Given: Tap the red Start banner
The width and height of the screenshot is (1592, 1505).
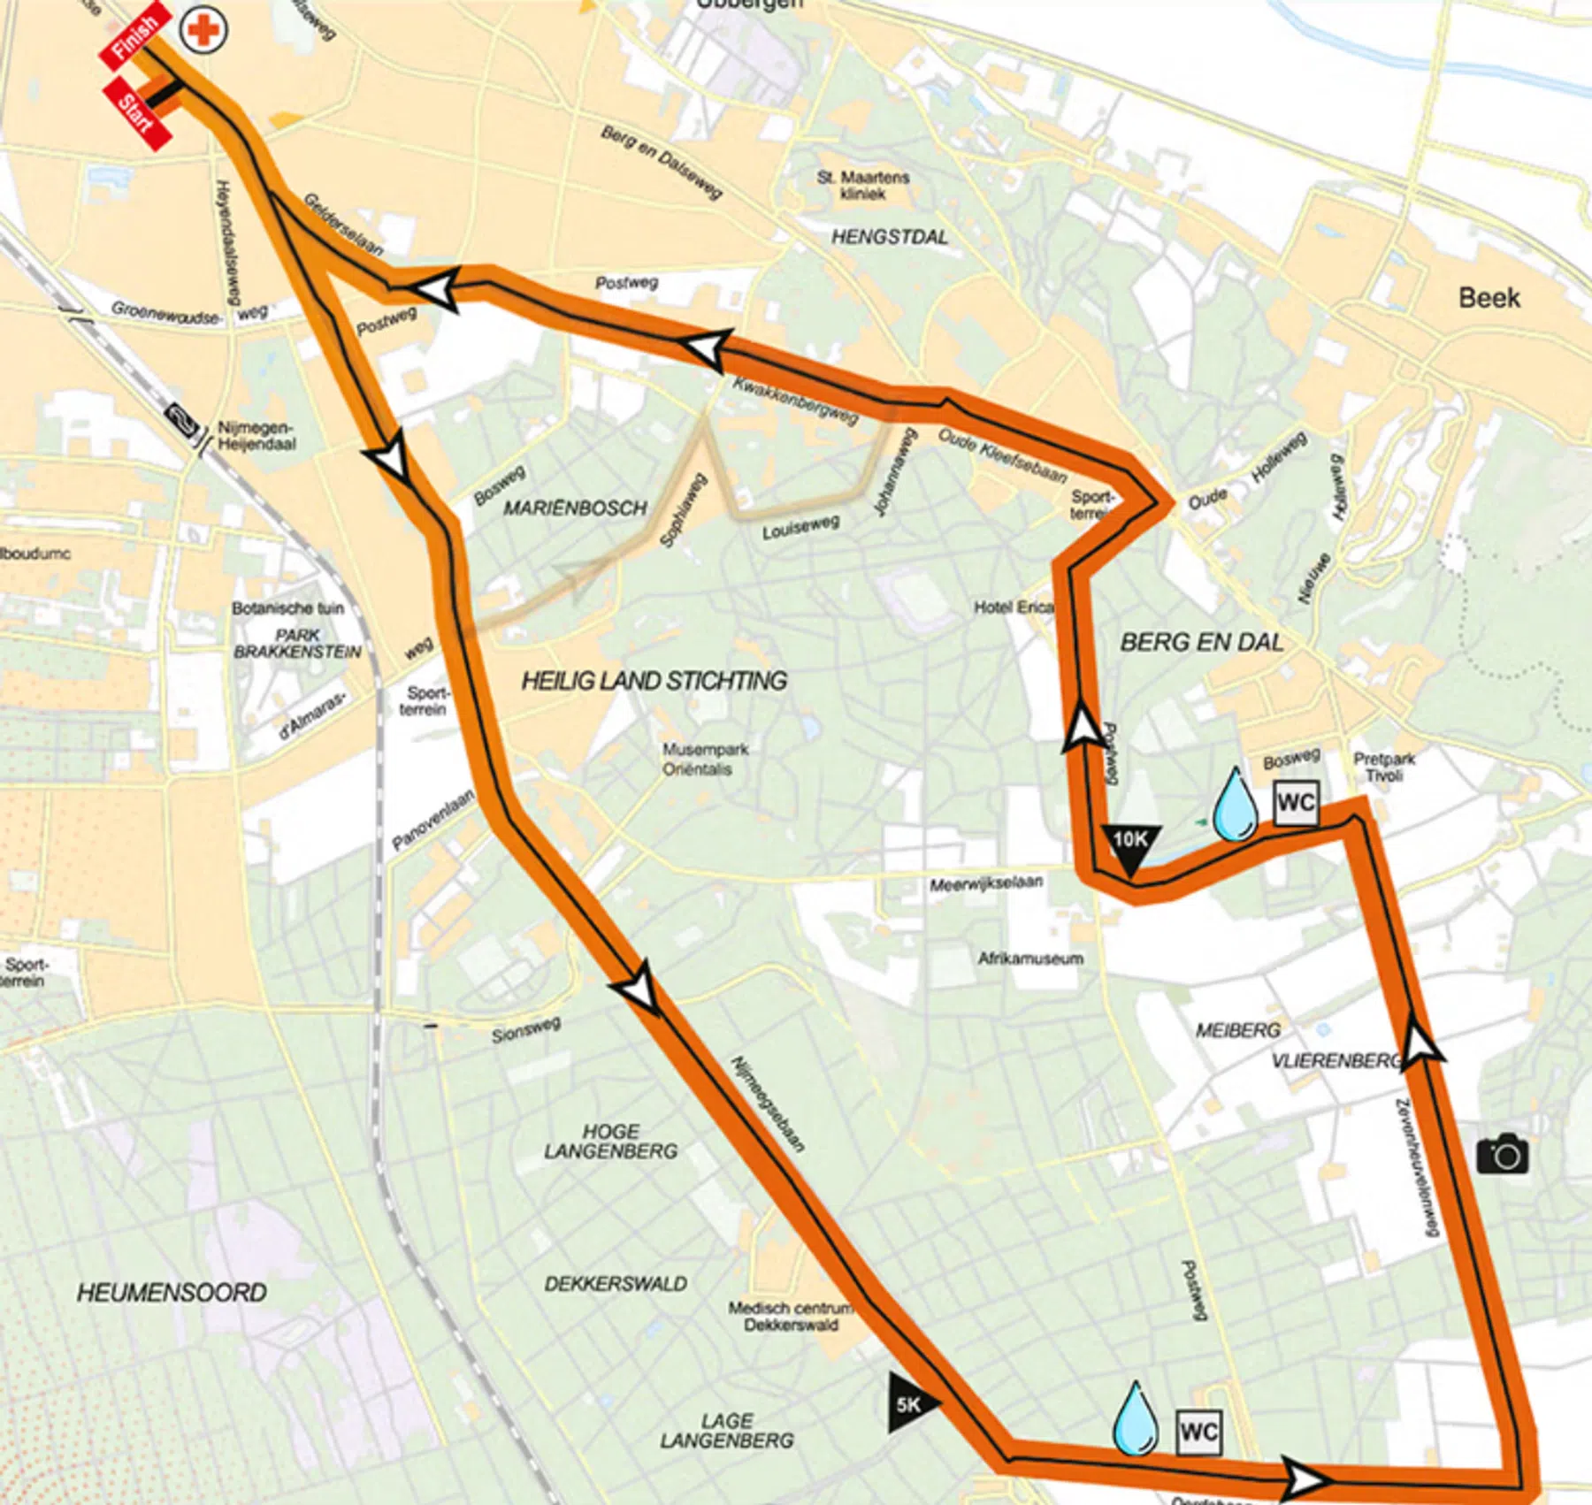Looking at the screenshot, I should click(137, 114).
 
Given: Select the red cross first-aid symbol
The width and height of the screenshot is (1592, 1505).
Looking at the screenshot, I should click(203, 31).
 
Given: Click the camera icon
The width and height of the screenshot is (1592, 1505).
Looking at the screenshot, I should click(1502, 1154).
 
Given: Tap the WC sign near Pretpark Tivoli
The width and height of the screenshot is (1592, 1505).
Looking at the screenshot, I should click(1296, 803).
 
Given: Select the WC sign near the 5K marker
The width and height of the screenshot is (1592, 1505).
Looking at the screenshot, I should click(1198, 1432).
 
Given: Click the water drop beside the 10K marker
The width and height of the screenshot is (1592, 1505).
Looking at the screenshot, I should click(1235, 806).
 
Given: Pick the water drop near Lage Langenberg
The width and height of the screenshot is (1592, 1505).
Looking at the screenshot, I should click(1135, 1420).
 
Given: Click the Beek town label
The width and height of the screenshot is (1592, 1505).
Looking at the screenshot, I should click(1489, 297).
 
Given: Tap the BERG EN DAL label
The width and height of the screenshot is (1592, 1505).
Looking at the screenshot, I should click(1201, 642).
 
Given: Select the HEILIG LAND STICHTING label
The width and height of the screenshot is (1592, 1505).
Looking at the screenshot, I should click(654, 680).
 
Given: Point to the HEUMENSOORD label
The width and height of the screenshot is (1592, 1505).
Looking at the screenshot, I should click(172, 1293).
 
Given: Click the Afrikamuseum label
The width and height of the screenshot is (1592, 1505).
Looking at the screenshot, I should click(1029, 958).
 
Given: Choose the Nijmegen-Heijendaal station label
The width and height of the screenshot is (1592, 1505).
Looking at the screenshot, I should click(256, 436).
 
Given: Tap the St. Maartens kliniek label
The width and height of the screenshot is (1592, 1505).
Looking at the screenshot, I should click(862, 185).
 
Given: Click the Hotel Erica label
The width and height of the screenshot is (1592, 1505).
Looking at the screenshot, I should click(1014, 607).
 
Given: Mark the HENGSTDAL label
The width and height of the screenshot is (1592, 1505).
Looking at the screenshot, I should click(889, 237).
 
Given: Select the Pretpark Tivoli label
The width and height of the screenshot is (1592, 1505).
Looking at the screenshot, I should click(1383, 767).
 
